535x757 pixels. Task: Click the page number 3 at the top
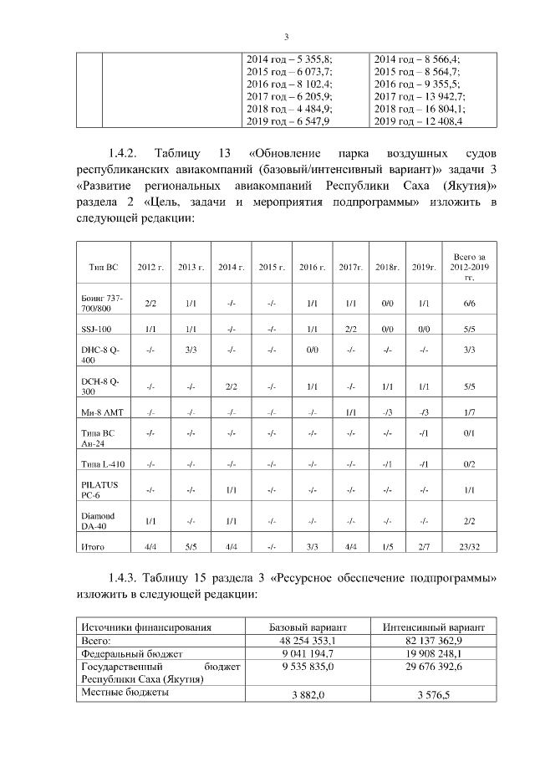coord(286,36)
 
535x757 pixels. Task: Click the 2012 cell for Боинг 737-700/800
coord(150,304)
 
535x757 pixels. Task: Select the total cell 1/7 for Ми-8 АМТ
coord(469,412)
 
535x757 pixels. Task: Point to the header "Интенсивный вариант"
coord(433,626)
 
